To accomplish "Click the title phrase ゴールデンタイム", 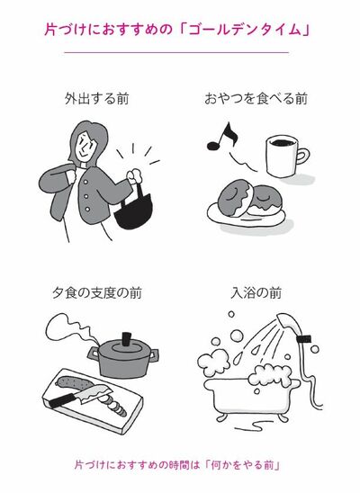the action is (245, 30).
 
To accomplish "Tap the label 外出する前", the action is (97, 99).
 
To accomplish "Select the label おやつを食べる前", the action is (256, 99).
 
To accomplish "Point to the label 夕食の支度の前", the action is (97, 293).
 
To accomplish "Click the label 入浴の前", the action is (256, 293).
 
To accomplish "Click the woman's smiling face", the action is (85, 147).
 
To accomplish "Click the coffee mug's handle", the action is (302, 156).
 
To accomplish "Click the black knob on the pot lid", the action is (126, 339).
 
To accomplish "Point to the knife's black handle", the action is (61, 401).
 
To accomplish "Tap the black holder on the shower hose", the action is (304, 339).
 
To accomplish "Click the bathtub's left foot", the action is (221, 418).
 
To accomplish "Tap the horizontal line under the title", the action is (176, 52).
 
